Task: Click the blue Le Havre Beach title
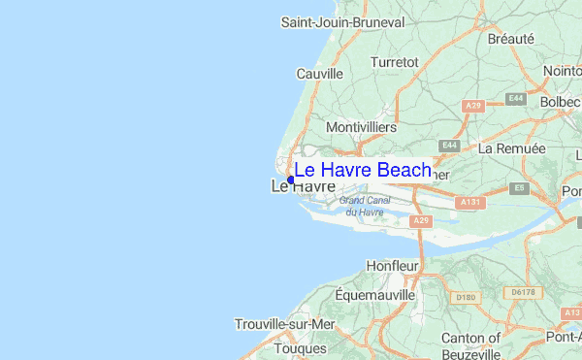(363, 171)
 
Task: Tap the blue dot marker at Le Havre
(291, 180)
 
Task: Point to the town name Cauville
(320, 73)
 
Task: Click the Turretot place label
(395, 61)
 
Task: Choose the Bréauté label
(511, 39)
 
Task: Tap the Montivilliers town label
(362, 127)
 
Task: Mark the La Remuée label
(512, 148)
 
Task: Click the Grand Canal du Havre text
(364, 206)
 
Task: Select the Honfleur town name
(392, 265)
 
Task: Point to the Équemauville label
(374, 293)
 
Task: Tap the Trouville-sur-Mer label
(284, 324)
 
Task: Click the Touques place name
(301, 347)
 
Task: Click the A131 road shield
(471, 202)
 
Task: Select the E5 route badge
(521, 187)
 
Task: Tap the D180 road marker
(467, 297)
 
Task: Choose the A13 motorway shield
(571, 312)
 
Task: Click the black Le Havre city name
(303, 185)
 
